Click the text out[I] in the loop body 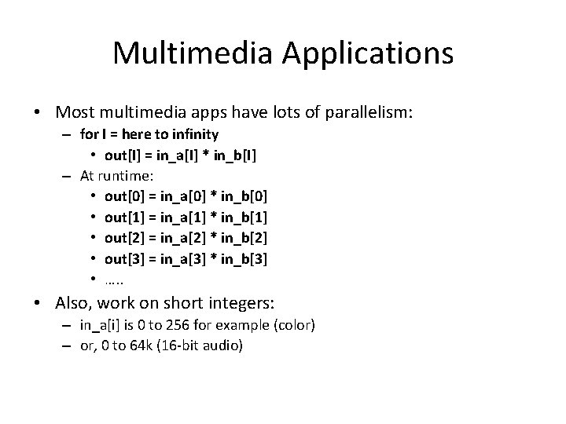[120, 155]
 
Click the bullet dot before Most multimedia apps [39, 114]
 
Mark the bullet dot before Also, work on [39, 303]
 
